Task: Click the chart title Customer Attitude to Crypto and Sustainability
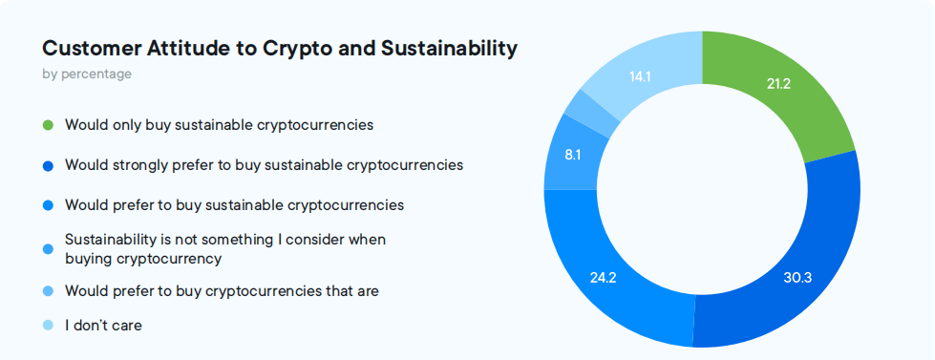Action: pyautogui.click(x=280, y=49)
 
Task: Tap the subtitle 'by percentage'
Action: pyautogui.click(x=87, y=74)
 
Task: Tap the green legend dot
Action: pyautogui.click(x=49, y=126)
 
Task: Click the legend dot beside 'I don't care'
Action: pyautogui.click(x=49, y=326)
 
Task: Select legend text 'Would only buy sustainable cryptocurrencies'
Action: pyautogui.click(x=219, y=125)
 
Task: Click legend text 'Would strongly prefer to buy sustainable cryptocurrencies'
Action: pyautogui.click(x=264, y=165)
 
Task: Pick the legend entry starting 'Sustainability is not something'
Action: pyautogui.click(x=225, y=249)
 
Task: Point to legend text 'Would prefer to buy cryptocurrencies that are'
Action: pyautogui.click(x=222, y=291)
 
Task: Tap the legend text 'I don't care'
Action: pyautogui.click(x=103, y=326)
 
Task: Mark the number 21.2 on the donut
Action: pyautogui.click(x=778, y=84)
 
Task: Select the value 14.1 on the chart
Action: pyautogui.click(x=640, y=76)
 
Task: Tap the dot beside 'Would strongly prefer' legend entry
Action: pyautogui.click(x=49, y=166)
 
